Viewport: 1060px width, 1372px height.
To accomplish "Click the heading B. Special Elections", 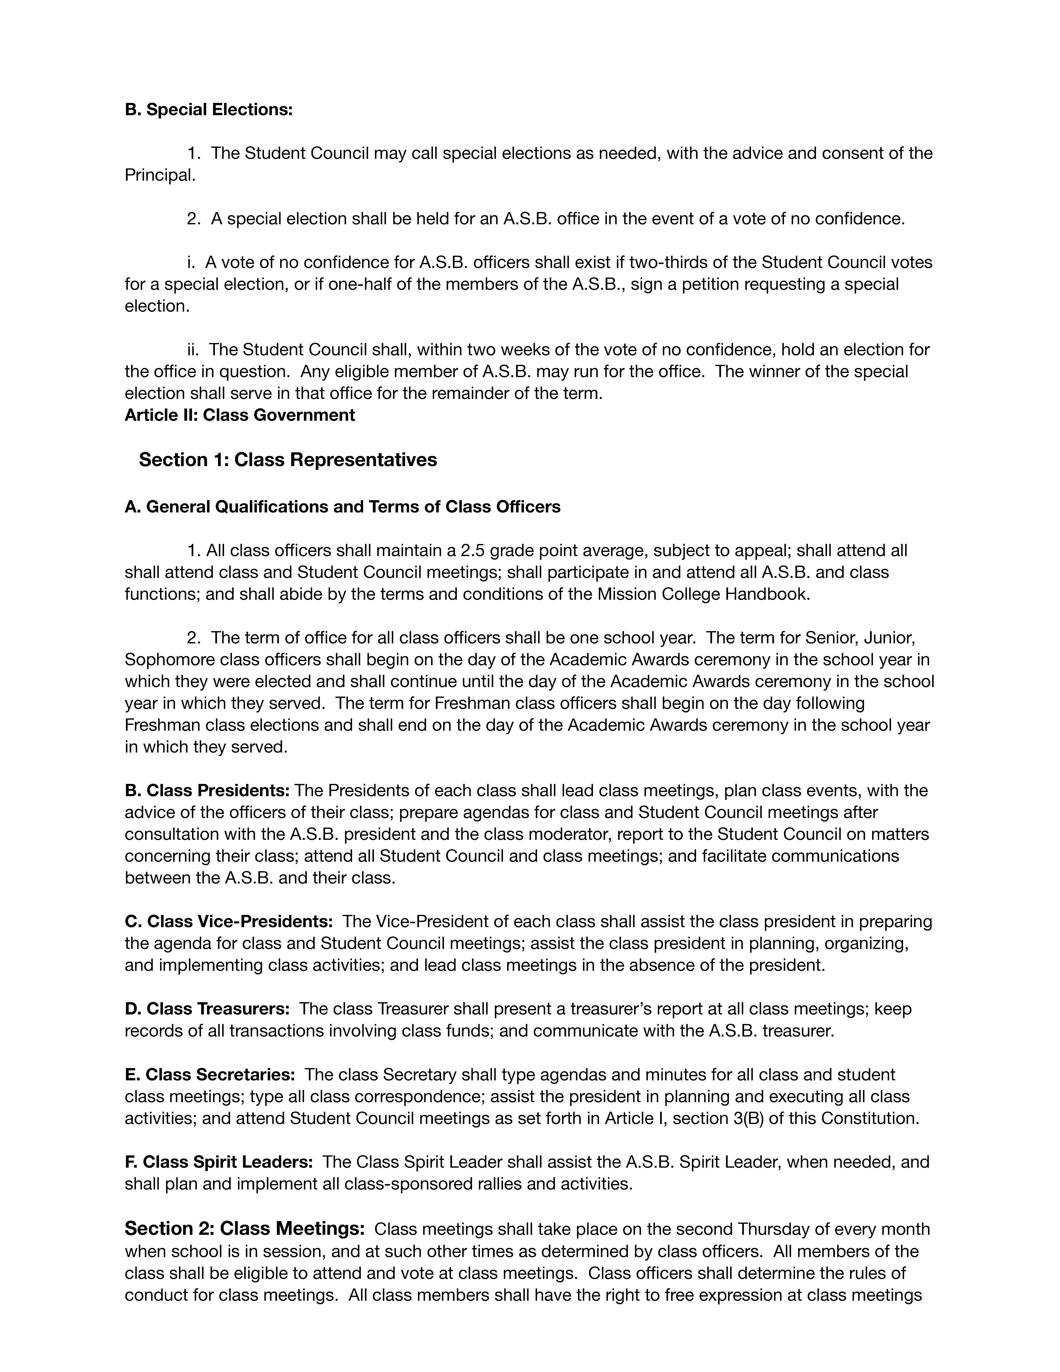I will (208, 110).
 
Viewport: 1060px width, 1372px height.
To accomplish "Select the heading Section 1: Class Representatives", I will (288, 460).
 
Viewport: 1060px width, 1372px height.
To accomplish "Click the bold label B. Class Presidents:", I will (207, 790).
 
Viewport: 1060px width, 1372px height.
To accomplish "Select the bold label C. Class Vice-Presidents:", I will (229, 922).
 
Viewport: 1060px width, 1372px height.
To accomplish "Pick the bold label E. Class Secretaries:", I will (210, 1075).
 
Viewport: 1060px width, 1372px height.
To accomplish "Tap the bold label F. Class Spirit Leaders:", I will (218, 1162).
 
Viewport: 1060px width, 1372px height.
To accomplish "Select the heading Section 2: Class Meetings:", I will (244, 1228).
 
